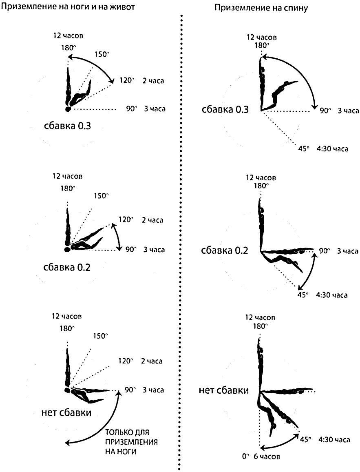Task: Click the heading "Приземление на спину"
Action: [261, 8]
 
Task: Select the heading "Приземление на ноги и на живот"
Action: [68, 7]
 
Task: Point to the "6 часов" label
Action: [267, 456]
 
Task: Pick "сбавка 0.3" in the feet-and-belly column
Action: [67, 126]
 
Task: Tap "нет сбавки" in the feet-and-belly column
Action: [66, 412]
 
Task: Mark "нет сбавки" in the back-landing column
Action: [224, 390]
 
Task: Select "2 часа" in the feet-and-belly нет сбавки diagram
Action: [152, 361]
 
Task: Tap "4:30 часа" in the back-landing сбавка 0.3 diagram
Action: [332, 149]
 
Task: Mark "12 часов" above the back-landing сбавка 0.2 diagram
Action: [261, 177]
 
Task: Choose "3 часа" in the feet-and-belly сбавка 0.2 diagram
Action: [154, 250]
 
